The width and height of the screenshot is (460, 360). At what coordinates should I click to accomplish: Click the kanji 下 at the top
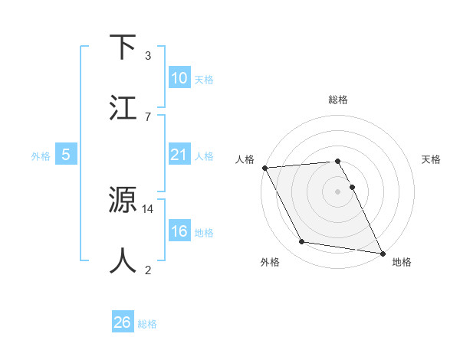124,47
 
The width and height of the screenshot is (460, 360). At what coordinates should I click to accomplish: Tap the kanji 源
124,201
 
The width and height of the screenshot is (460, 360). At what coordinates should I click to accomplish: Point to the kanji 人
124,261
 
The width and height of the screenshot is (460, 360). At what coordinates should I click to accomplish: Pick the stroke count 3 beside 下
148,56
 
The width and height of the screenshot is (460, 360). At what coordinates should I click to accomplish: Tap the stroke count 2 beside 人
148,270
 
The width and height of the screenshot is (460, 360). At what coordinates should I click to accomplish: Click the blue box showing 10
179,78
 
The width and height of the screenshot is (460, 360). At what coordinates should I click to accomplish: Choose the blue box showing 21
179,155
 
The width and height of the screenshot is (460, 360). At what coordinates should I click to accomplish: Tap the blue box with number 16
179,231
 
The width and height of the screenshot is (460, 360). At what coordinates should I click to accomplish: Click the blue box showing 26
123,322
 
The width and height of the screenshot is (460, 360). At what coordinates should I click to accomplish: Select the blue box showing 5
66,155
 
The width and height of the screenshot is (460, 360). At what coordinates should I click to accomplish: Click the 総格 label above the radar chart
338,100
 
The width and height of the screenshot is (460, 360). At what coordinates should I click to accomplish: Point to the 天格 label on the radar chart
432,159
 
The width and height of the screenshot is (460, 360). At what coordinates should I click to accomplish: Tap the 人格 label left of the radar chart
244,159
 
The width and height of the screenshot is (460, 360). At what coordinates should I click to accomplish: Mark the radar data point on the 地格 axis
382,253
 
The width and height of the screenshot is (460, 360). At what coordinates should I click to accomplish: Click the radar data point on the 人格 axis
264,168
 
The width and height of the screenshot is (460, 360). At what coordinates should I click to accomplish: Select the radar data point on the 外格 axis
302,242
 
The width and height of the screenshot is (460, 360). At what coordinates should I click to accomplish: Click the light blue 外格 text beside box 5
41,155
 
